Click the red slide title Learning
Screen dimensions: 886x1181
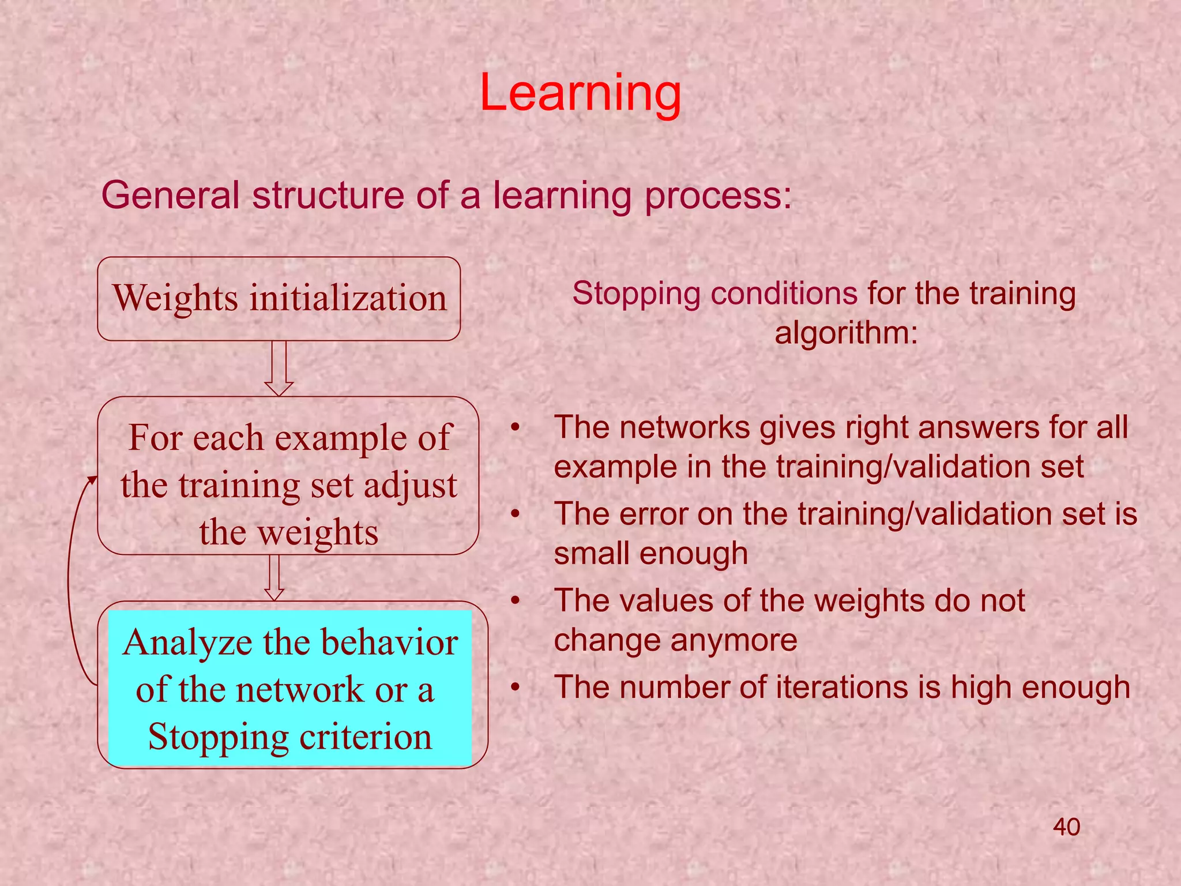pos(580,93)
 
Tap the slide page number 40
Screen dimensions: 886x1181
pos(1066,827)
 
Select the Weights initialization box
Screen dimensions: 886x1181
pos(279,298)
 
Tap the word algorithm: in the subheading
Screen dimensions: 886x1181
pos(846,333)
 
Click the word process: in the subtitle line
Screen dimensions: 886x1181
pos(718,196)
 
